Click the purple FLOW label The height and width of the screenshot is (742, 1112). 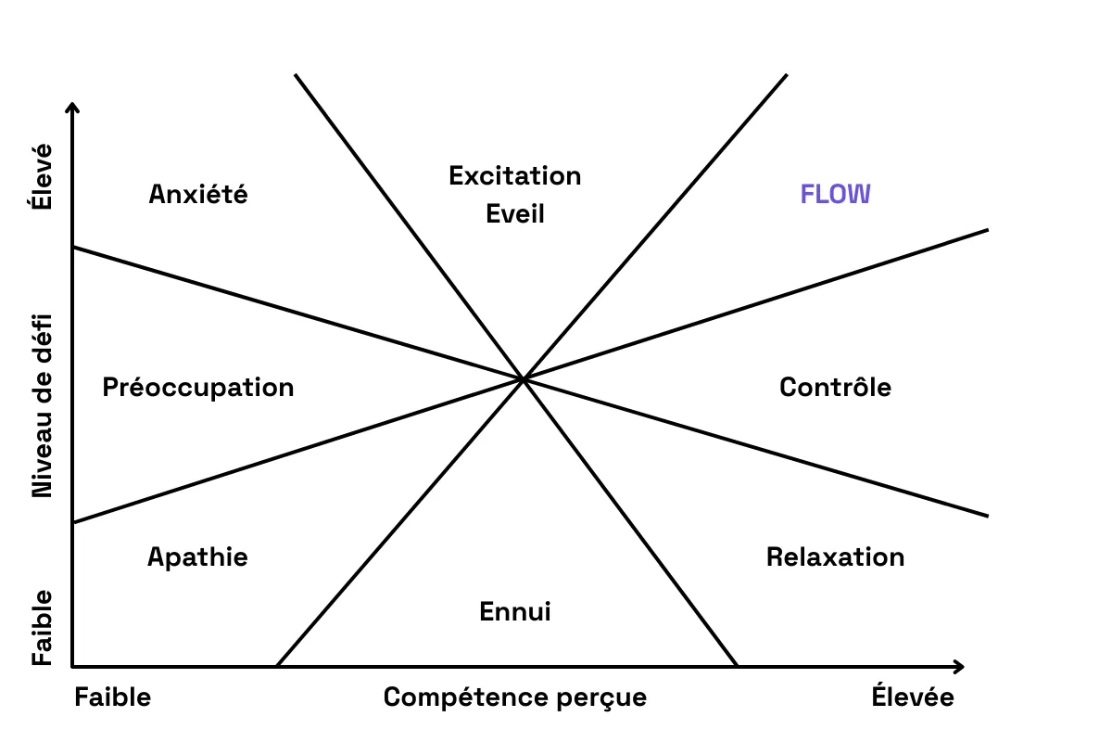click(x=835, y=195)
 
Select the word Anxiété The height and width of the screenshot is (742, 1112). click(x=198, y=195)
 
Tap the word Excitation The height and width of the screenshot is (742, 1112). click(x=514, y=175)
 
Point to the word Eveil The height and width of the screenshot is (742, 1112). click(x=515, y=214)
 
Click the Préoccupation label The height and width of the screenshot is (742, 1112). click(x=198, y=387)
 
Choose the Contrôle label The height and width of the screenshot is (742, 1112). click(x=835, y=387)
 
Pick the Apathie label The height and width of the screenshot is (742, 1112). click(x=197, y=556)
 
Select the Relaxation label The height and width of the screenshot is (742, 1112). click(x=835, y=556)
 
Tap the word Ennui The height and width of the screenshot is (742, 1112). click(x=515, y=612)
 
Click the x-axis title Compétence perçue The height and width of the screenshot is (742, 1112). click(x=515, y=697)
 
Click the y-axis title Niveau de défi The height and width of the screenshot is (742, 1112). click(x=43, y=405)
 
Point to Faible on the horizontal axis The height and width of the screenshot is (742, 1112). click(x=112, y=697)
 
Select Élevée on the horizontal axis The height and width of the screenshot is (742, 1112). click(x=913, y=697)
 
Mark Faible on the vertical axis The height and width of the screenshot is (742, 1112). click(x=43, y=627)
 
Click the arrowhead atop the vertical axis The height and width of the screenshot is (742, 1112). click(x=72, y=108)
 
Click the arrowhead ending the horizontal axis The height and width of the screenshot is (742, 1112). click(x=959, y=666)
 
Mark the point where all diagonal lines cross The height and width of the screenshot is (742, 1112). click(x=524, y=378)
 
